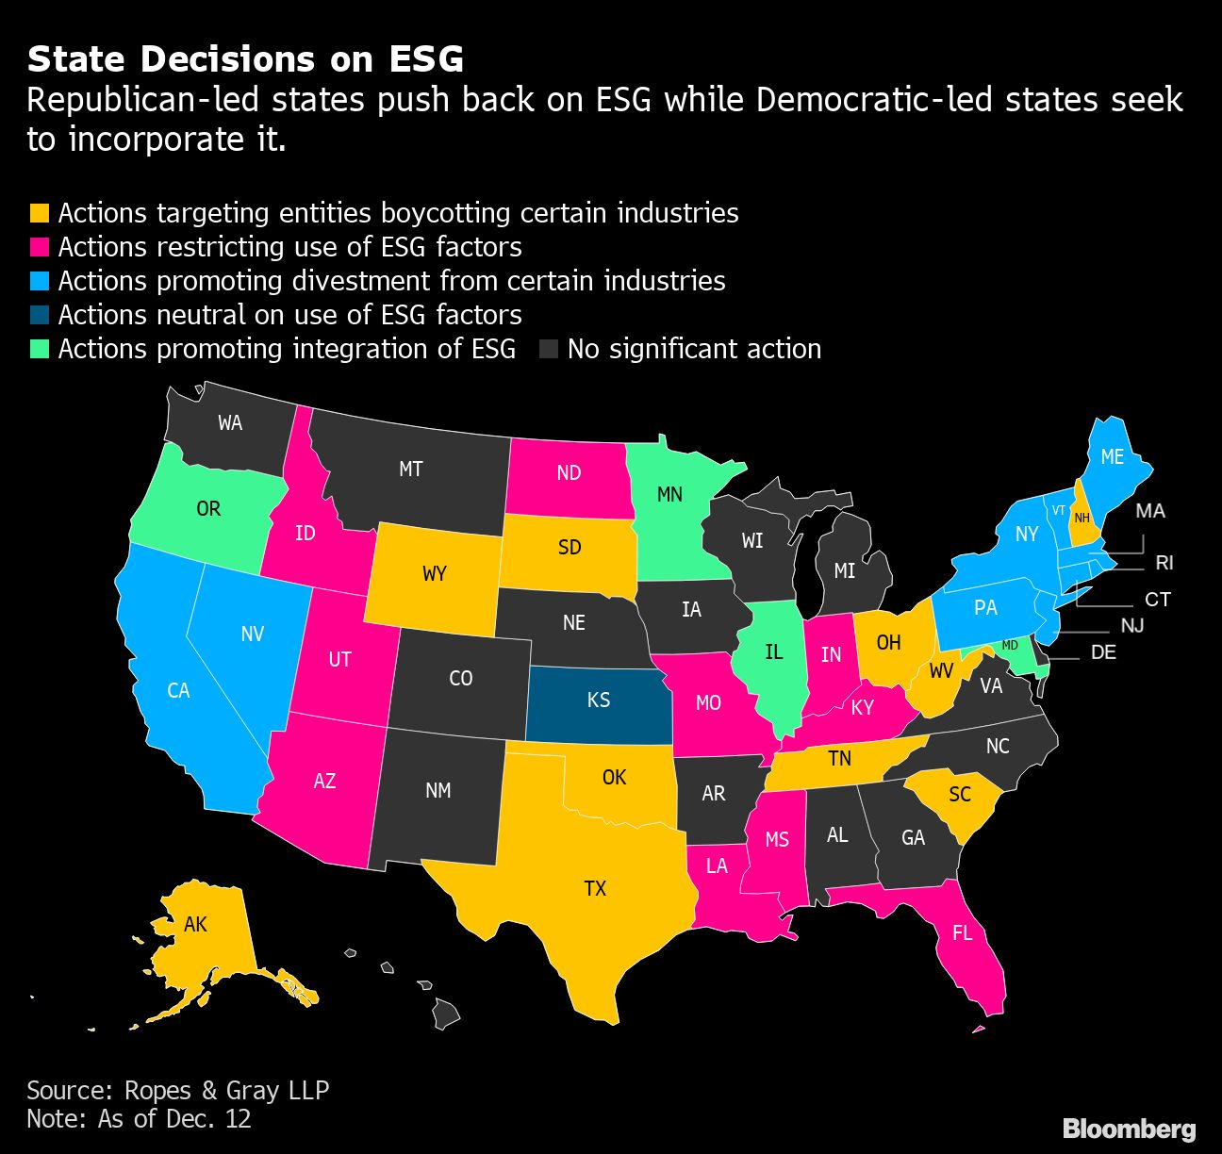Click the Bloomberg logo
tap(1129, 1129)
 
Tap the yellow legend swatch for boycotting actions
tap(39, 213)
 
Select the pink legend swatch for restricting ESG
tap(39, 247)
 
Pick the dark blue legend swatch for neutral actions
tap(39, 315)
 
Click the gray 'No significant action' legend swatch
tap(548, 349)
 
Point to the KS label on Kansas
tap(599, 700)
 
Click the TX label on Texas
tap(595, 888)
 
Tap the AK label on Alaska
tap(195, 924)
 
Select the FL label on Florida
tap(962, 933)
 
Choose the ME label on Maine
tap(1113, 456)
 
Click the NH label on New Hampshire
tap(1082, 518)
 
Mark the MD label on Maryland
tap(1010, 645)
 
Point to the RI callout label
tap(1164, 563)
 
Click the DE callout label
tap(1103, 652)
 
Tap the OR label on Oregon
tap(208, 509)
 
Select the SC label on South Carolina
tap(960, 794)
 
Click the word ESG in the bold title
tap(426, 59)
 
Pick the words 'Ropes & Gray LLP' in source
tap(226, 1091)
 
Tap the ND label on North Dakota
tap(569, 472)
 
